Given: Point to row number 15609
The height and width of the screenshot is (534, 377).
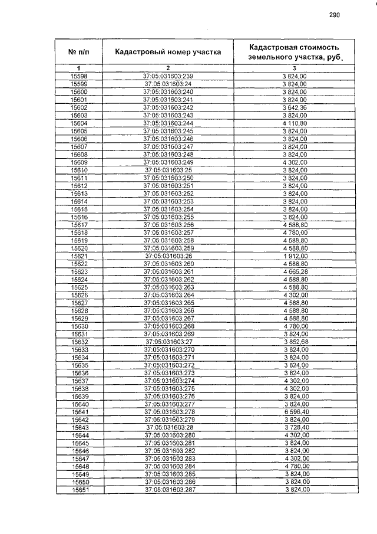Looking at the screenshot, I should point(79,162).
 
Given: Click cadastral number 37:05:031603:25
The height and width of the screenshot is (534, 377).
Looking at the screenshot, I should point(168,170).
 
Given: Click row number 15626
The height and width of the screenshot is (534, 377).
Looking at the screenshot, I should point(79,294).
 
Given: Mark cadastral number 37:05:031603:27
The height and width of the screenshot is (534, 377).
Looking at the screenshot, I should point(168,342).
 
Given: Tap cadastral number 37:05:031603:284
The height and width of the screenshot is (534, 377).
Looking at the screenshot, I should point(168,466).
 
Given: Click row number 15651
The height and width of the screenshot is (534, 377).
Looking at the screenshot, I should point(79,490).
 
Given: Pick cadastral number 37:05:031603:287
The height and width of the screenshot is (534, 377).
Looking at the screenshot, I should point(168,490).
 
